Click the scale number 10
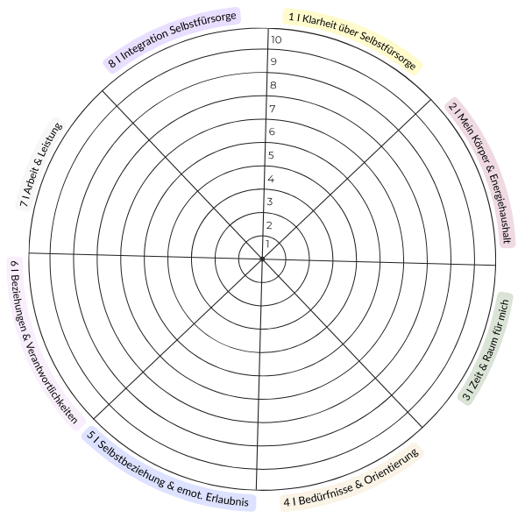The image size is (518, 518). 276,39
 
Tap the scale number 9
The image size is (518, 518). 273,61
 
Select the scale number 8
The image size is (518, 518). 273,85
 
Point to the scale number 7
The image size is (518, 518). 273,109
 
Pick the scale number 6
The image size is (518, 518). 272,131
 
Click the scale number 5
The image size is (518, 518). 271,155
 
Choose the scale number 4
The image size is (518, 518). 271,179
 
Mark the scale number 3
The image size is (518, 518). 270,202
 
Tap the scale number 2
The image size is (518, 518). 269,225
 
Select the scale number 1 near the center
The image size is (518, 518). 267,245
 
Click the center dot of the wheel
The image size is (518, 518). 262,259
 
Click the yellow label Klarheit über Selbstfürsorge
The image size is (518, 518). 352,39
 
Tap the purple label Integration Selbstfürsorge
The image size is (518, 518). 173,39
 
